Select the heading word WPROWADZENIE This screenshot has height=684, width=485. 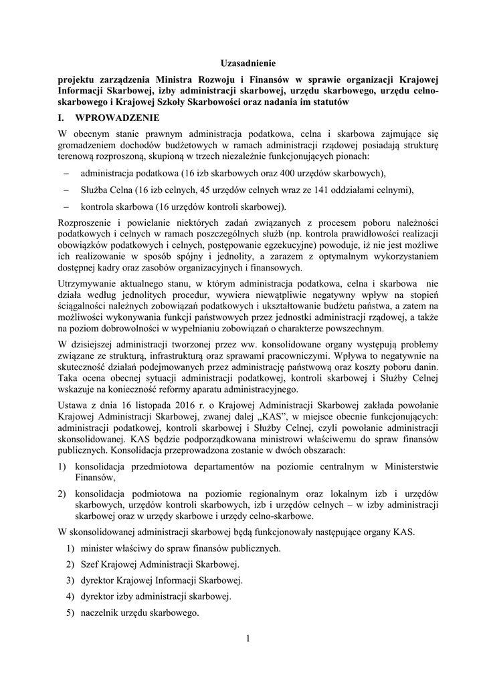pos(118,118)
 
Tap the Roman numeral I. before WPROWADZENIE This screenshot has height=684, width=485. pos(63,118)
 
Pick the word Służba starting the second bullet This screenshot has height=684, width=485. pos(94,190)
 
